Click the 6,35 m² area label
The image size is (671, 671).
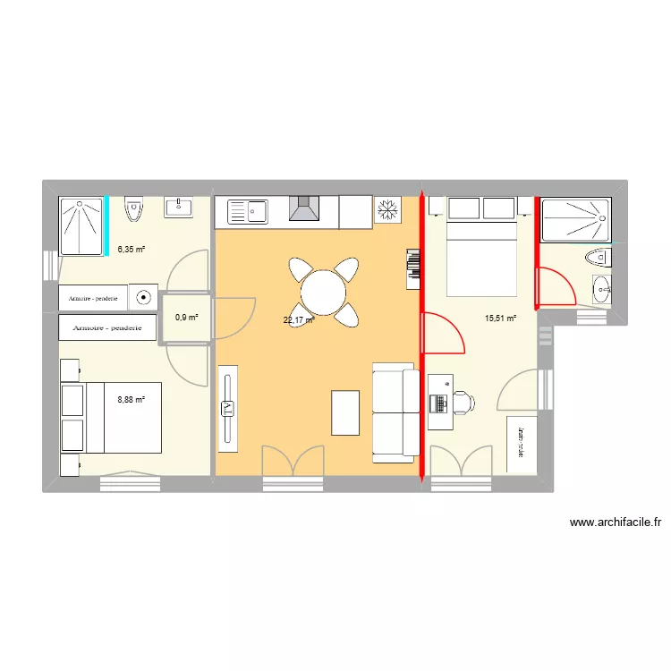point(131,250)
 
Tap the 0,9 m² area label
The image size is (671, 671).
point(186,317)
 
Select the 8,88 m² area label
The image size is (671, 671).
point(131,401)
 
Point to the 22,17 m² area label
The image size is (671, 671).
point(299,320)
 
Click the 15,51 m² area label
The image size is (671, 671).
point(500,317)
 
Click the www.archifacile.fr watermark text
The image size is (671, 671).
point(615,522)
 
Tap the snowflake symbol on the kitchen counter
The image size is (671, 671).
point(388,210)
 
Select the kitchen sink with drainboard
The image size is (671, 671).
point(250,212)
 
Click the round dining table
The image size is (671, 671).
point(322,291)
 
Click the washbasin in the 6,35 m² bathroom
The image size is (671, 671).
point(179,208)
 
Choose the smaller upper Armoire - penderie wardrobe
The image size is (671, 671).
point(94,297)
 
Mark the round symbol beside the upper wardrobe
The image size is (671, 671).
point(143,297)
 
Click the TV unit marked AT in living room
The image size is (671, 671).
point(226,408)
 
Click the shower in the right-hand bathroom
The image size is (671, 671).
point(576,220)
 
